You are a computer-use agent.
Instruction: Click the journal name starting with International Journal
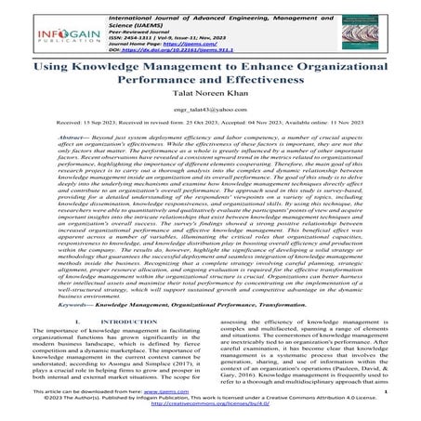(236, 10)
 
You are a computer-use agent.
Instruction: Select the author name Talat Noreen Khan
(211, 107)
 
